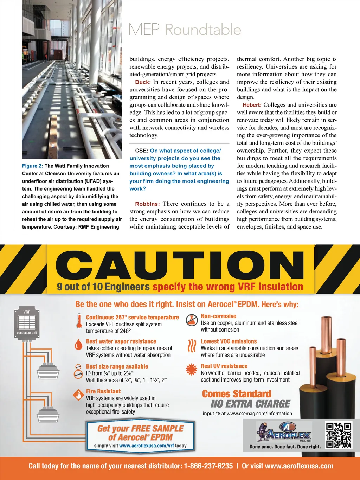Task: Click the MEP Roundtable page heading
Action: tap(185, 30)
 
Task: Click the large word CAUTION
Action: tap(180, 263)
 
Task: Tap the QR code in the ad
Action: tap(339, 435)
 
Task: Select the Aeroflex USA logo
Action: tap(284, 432)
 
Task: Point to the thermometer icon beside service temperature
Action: tap(79, 320)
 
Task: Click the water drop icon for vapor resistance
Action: tap(79, 345)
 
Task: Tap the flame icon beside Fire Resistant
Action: tap(78, 395)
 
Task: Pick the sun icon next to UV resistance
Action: tap(192, 370)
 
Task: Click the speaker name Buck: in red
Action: tap(143, 82)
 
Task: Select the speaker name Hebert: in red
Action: tap(252, 105)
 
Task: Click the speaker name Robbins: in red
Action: tap(147, 204)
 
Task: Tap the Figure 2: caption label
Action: tap(32, 166)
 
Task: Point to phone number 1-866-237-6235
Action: tap(208, 466)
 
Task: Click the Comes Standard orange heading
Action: tap(237, 394)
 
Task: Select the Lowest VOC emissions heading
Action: tap(229, 341)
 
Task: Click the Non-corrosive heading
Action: tap(218, 316)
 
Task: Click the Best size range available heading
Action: tap(117, 366)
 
